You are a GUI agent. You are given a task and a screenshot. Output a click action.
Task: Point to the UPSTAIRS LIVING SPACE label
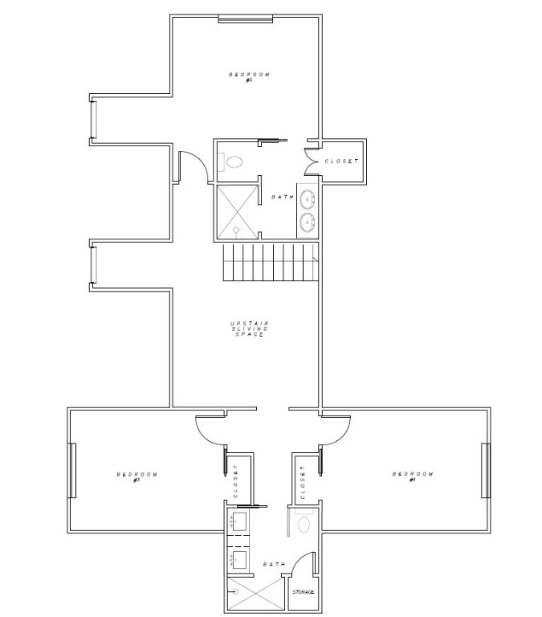[x=249, y=329]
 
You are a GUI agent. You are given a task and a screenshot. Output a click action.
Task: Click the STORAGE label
[x=303, y=593]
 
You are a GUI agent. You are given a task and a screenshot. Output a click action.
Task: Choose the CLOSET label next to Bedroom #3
[x=236, y=482]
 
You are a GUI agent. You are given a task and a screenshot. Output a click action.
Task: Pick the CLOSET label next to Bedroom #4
[x=303, y=482]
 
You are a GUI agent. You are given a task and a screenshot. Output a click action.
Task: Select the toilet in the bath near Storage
[x=304, y=525]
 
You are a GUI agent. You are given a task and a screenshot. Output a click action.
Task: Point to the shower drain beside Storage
[x=236, y=593]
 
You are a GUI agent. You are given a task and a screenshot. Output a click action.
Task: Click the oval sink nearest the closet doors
[x=308, y=197]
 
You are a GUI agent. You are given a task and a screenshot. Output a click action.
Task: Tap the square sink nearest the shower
[x=238, y=558]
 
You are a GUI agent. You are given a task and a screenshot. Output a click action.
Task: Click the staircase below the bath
[x=270, y=263]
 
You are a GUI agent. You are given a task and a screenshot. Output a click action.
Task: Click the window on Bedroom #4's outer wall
[x=485, y=470]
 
